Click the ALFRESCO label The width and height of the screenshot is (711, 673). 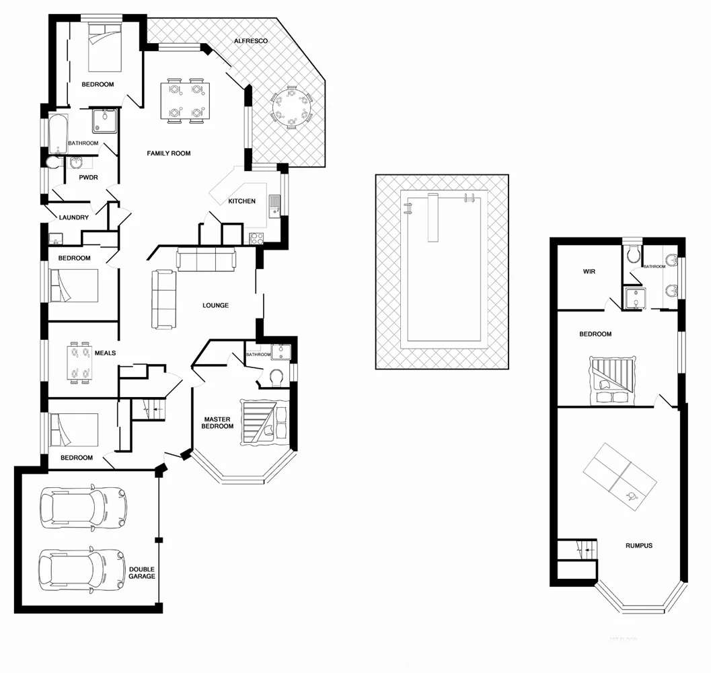pyautogui.click(x=251, y=41)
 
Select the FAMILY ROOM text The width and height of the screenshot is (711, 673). pyautogui.click(x=169, y=153)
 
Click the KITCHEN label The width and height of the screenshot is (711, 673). pyautogui.click(x=241, y=201)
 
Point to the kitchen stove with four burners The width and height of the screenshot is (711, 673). pyautogui.click(x=256, y=238)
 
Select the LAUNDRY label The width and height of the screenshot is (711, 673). pyautogui.click(x=74, y=217)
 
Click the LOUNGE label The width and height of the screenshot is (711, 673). pyautogui.click(x=215, y=306)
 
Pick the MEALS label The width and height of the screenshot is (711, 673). pyautogui.click(x=105, y=353)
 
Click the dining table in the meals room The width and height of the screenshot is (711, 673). pyautogui.click(x=79, y=363)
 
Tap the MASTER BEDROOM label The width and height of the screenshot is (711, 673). pyautogui.click(x=218, y=423)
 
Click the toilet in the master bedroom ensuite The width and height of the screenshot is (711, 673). pyautogui.click(x=274, y=378)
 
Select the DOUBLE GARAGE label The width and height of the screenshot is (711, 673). pyautogui.click(x=142, y=573)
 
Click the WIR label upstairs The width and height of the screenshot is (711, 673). pyautogui.click(x=590, y=273)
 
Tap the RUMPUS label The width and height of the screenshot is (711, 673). pyautogui.click(x=638, y=546)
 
